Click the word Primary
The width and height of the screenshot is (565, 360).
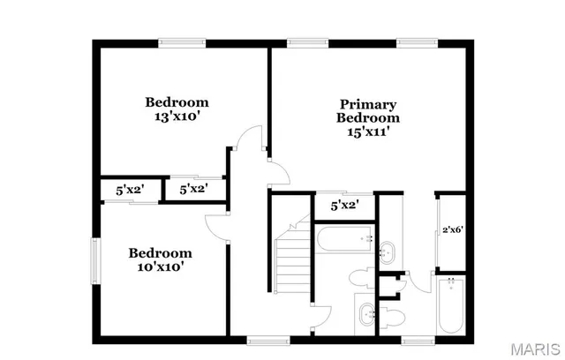(367, 104)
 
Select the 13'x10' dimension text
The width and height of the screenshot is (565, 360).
(177, 115)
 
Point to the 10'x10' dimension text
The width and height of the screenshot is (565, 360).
(160, 266)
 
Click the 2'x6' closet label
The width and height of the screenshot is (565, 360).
(453, 230)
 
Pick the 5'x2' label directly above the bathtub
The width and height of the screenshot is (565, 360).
(345, 206)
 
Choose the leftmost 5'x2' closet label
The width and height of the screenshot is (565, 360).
(130, 189)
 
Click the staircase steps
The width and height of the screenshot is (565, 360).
(291, 259)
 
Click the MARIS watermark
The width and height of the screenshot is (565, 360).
(535, 346)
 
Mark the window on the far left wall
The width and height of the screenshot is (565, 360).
(96, 262)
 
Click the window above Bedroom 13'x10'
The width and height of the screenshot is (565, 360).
(183, 41)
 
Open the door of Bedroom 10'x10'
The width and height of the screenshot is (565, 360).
(217, 227)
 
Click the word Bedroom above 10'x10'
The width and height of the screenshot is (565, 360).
(160, 251)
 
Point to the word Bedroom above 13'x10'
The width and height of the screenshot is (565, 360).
(177, 101)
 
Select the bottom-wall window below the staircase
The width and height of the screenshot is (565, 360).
(262, 340)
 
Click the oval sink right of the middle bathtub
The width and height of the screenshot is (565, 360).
(388, 252)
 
